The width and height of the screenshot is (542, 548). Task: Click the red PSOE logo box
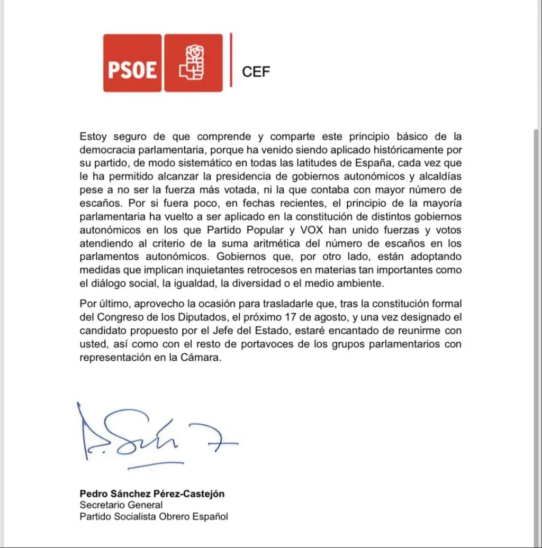[132, 63]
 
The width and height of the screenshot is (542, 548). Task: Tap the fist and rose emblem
[193, 63]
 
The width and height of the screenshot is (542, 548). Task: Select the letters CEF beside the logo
[256, 72]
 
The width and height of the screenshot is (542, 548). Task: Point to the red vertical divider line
[231, 60]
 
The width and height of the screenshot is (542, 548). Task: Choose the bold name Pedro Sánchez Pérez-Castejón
[152, 494]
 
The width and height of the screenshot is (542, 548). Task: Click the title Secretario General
[121, 505]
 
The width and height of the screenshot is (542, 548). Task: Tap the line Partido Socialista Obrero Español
[153, 516]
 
